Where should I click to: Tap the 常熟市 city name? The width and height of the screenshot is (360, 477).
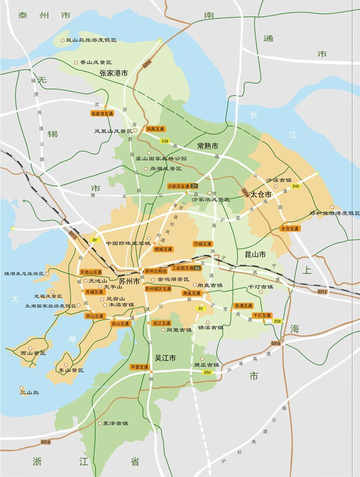(207, 146)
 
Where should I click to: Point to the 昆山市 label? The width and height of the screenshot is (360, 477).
(254, 255)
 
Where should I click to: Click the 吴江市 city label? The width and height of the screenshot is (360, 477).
(165, 357)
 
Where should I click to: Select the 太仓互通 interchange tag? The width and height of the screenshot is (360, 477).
(290, 229)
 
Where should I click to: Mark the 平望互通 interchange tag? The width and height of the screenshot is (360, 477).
(140, 367)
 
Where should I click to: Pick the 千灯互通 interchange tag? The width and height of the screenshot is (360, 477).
(262, 315)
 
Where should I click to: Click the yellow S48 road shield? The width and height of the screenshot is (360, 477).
(295, 186)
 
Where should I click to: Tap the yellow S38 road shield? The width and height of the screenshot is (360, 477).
(165, 141)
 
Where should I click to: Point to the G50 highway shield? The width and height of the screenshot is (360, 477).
(207, 372)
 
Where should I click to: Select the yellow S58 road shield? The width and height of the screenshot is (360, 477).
(277, 321)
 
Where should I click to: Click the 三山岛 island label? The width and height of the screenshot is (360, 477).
(28, 392)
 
